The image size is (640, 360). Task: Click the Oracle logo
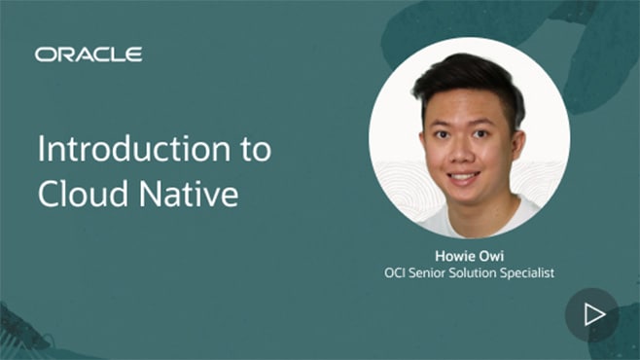tap(89, 54)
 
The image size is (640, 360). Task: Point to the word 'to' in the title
tap(255, 152)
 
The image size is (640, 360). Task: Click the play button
tap(591, 313)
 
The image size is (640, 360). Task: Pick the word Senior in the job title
tap(433, 273)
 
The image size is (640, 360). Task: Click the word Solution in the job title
tap(480, 273)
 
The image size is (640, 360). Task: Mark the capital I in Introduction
tap(41, 151)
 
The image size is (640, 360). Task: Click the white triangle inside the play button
tap(593, 313)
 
